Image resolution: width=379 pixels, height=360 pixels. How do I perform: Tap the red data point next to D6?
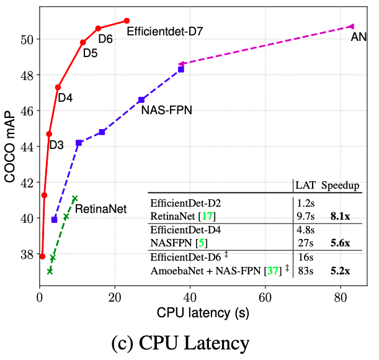(98, 29)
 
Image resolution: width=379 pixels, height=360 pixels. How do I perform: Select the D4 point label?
(66, 97)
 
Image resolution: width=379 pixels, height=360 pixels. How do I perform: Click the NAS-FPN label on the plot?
(167, 110)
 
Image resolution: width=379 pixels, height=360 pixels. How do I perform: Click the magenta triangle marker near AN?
(350, 26)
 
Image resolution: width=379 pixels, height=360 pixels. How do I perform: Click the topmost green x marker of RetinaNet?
(74, 199)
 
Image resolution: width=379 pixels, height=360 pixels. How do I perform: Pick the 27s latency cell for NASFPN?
(304, 244)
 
